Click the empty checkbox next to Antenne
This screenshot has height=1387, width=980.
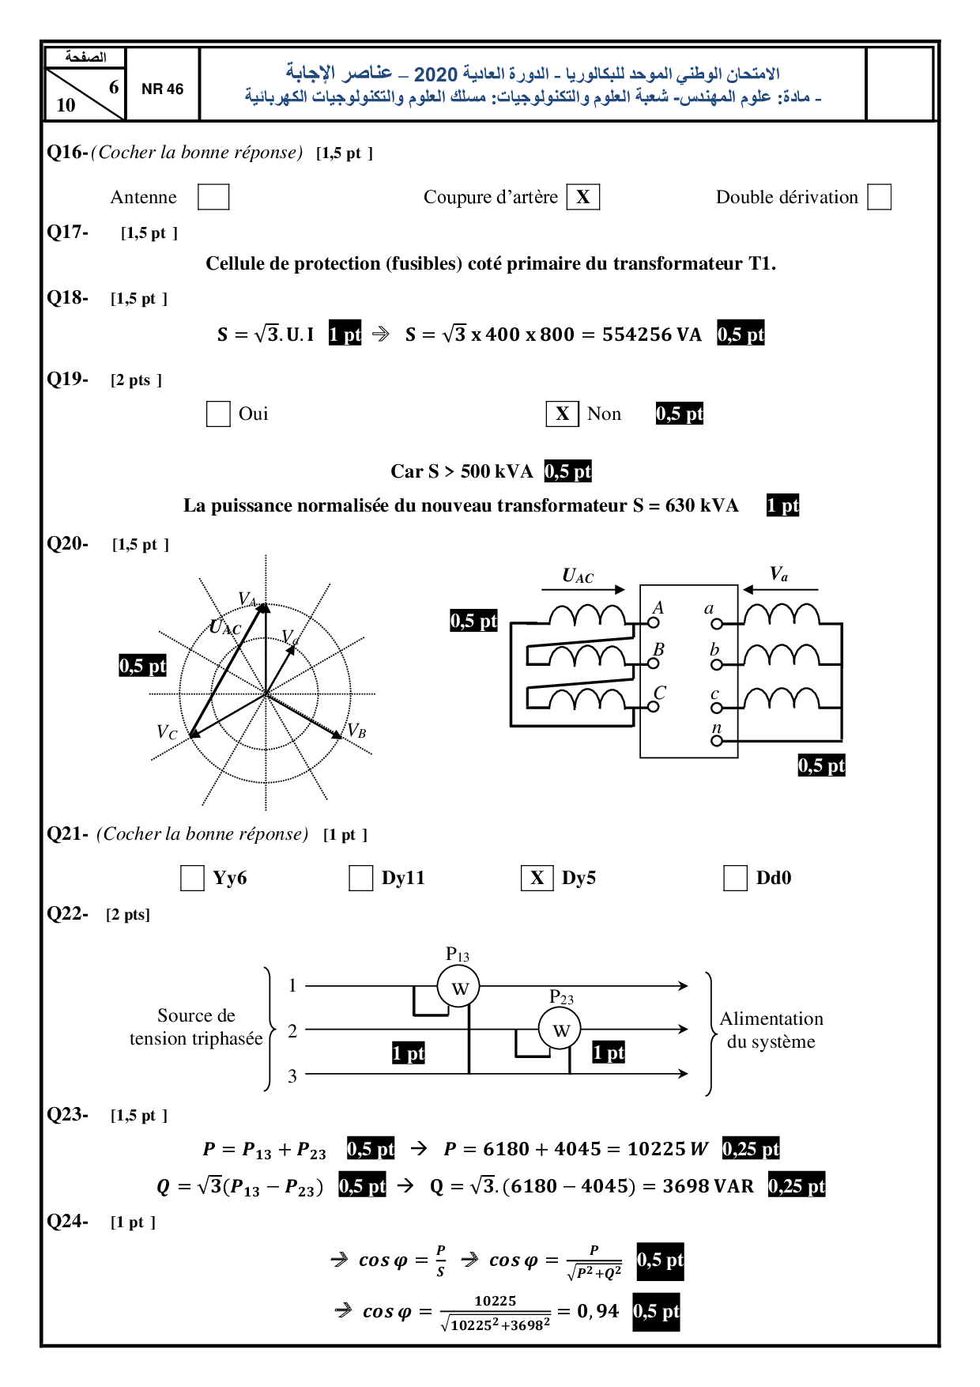(213, 197)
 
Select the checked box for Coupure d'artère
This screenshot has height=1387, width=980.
(582, 197)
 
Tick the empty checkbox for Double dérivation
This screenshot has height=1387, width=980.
(879, 197)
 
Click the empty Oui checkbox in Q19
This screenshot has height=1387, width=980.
(217, 414)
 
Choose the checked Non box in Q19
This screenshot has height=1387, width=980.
(562, 414)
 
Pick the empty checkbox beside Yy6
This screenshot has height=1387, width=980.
(192, 878)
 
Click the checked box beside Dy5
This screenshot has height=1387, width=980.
(537, 878)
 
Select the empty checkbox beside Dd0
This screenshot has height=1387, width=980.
(735, 878)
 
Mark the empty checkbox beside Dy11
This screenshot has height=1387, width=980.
(360, 878)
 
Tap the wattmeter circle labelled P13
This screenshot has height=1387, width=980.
(458, 987)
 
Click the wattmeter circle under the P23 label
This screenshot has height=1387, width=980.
(560, 1030)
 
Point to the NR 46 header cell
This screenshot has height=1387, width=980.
(162, 89)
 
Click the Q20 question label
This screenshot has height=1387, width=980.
(67, 544)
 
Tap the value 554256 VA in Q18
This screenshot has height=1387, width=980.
(651, 334)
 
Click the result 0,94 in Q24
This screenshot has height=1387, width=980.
(597, 1311)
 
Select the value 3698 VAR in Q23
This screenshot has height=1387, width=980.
(707, 1186)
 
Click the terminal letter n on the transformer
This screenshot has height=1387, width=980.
(716, 728)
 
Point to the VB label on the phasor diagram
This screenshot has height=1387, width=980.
(357, 731)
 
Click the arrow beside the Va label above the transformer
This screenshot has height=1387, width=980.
(779, 589)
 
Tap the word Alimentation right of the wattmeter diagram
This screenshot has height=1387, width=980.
(771, 1019)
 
